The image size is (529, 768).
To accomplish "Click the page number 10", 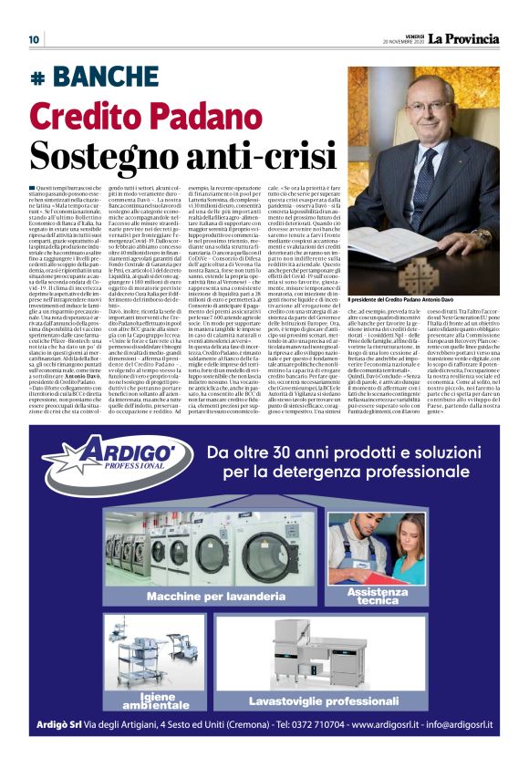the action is [x=33, y=39].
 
